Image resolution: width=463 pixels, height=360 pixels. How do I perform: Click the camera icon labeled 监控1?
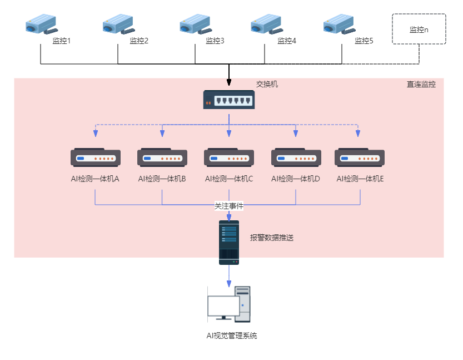(x=41, y=24)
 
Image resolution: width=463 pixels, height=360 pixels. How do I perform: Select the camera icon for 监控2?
(x=118, y=24)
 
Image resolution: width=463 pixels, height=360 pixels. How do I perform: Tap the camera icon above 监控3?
(x=195, y=24)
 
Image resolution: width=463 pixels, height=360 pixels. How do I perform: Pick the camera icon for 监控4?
(x=266, y=24)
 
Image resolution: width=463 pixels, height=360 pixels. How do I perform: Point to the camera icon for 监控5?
(x=339, y=24)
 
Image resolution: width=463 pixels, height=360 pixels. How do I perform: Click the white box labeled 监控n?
(x=419, y=29)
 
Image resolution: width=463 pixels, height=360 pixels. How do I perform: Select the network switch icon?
(x=229, y=100)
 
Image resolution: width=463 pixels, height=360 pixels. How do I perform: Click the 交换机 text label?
(x=267, y=84)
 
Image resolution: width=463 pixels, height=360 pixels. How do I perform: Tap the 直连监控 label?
(x=421, y=85)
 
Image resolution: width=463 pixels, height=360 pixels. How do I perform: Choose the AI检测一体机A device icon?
(x=96, y=157)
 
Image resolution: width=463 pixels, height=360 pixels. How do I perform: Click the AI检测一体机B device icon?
(x=162, y=157)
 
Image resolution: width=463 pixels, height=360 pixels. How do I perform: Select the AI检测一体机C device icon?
(x=229, y=157)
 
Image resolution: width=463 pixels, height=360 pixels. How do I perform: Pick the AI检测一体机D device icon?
(x=296, y=157)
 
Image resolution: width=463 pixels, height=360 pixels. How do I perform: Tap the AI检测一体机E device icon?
(x=360, y=157)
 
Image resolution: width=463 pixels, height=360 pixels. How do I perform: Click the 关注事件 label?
(x=229, y=206)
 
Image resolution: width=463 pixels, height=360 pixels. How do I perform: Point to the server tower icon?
(x=229, y=242)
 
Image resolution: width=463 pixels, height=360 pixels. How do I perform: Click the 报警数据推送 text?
(x=272, y=238)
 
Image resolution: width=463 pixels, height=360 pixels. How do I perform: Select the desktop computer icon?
(x=229, y=304)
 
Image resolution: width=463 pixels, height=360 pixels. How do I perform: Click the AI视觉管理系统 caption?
(x=232, y=336)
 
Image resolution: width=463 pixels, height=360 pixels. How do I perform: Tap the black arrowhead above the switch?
(x=228, y=83)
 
